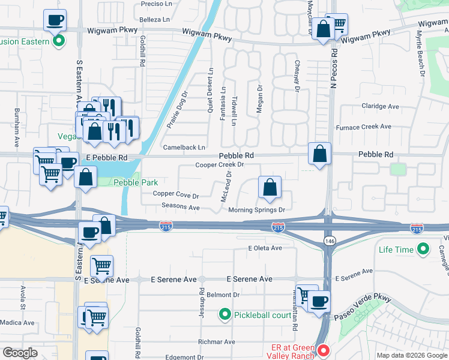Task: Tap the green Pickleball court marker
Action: click(x=224, y=314)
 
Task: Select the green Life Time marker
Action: click(x=423, y=248)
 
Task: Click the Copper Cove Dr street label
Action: click(x=176, y=195)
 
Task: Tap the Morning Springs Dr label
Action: click(x=256, y=210)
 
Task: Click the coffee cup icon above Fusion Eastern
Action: click(x=55, y=20)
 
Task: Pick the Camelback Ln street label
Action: click(x=184, y=147)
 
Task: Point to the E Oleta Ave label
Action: click(x=265, y=248)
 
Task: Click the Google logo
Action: click(x=20, y=353)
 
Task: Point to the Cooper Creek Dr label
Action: click(x=219, y=164)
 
